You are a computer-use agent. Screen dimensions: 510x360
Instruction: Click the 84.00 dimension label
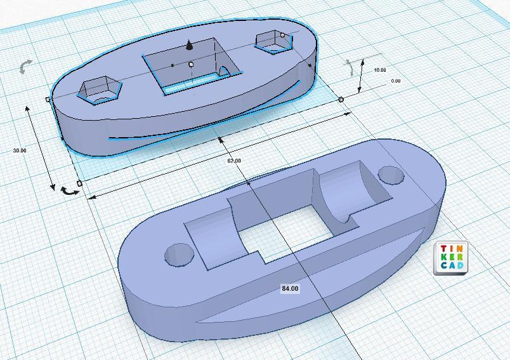point(290,289)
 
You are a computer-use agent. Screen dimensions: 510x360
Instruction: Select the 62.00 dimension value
point(234,161)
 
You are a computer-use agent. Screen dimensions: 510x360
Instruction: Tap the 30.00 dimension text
point(20,150)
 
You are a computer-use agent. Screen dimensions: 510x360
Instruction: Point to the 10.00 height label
point(379,70)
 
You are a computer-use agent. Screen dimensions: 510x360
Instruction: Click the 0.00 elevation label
point(396,81)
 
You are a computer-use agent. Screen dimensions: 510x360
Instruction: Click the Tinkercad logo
point(451,258)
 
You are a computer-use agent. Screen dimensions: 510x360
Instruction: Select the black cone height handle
point(189,45)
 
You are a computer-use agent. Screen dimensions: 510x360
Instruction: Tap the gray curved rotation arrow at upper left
point(25,67)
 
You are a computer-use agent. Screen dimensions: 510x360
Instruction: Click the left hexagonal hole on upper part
point(100,90)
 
